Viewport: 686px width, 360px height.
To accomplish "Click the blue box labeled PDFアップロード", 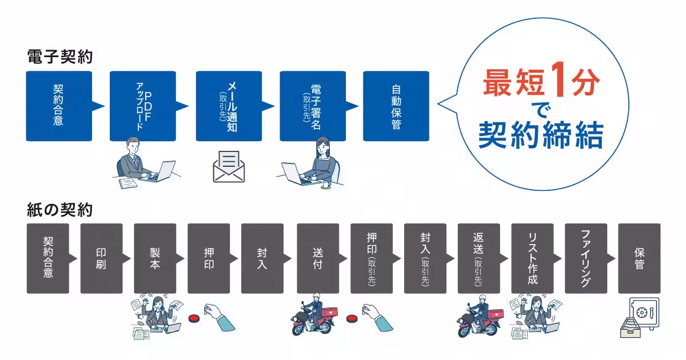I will [143, 106].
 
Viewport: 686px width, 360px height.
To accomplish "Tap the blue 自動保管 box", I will [396, 106].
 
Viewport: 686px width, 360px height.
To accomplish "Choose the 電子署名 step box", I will [313, 106].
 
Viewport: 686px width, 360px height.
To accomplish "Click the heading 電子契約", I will [59, 57].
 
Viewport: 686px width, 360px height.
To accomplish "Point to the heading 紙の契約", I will [59, 210].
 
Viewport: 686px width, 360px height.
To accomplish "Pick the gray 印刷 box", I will [101, 258].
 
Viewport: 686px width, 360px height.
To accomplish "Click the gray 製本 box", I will [155, 258].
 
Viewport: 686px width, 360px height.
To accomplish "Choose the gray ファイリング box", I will [585, 258].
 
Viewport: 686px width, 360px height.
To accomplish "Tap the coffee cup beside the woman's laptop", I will [326, 184].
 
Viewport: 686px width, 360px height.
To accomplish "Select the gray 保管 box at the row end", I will [639, 258].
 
